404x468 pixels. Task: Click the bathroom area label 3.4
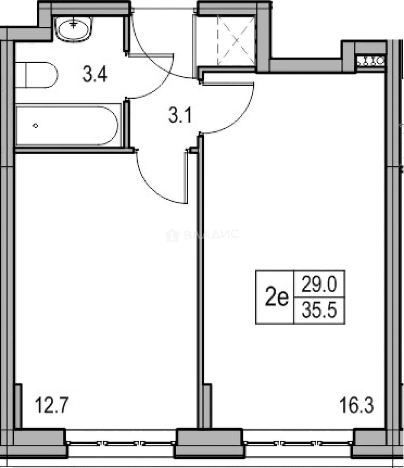pos(94,74)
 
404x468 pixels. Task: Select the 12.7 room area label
pos(52,405)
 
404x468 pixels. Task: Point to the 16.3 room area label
pos(356,405)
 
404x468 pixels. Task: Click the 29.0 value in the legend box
pos(319,284)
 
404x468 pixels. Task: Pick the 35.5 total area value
pos(319,310)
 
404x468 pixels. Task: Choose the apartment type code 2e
pos(277,297)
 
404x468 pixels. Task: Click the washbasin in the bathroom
pos(74,29)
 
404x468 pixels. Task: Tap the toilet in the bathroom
pos(36,75)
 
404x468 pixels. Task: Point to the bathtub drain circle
pos(36,126)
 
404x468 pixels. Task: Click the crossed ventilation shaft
pos(236,40)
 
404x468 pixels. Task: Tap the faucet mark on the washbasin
pos(73,23)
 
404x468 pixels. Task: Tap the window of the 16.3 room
pos(298,443)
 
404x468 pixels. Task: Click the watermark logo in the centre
pos(172,235)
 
